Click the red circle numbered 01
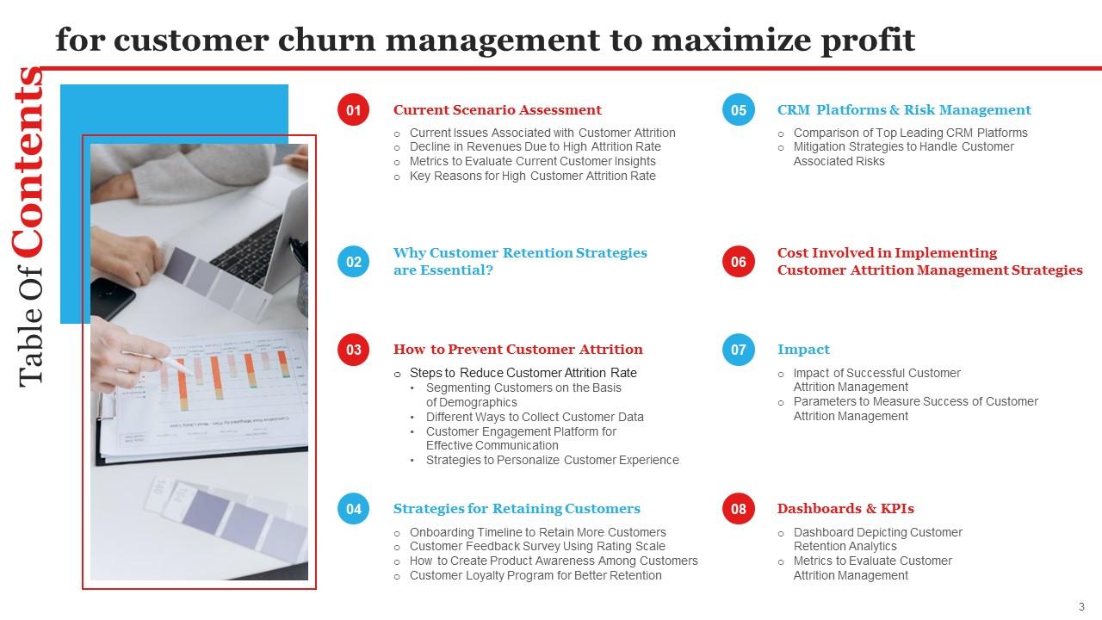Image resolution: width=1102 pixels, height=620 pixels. point(353,110)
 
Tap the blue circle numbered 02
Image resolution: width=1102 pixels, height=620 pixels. point(353,262)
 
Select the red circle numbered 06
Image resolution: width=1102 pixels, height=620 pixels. point(738,262)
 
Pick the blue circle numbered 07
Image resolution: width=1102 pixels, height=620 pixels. point(738,350)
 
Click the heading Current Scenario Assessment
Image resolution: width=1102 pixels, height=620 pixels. point(497,110)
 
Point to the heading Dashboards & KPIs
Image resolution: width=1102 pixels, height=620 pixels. point(845,509)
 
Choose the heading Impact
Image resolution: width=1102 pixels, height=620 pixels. point(803,350)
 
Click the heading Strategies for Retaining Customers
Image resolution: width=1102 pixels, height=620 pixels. point(517,509)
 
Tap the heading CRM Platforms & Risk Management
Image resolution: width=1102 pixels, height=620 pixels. point(904,110)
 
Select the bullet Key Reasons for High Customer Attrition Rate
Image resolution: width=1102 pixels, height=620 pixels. point(532,176)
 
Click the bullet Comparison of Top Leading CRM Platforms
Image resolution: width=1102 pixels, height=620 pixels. point(910,133)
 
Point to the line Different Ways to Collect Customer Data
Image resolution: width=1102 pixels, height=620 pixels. point(535,417)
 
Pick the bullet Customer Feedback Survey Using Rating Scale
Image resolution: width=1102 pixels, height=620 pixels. point(537,546)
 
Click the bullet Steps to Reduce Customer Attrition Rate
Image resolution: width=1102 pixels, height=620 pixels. point(523,373)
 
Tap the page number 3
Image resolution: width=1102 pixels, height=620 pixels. point(1081,606)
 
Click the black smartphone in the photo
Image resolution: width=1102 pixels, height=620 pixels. point(113,298)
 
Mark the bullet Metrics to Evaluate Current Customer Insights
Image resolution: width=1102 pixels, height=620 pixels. point(532,161)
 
